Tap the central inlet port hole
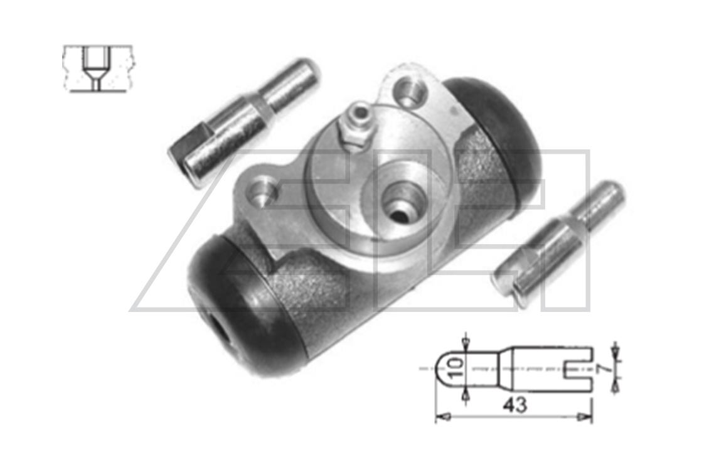coord(400,202)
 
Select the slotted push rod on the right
coord(557,239)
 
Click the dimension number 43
coord(515,405)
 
